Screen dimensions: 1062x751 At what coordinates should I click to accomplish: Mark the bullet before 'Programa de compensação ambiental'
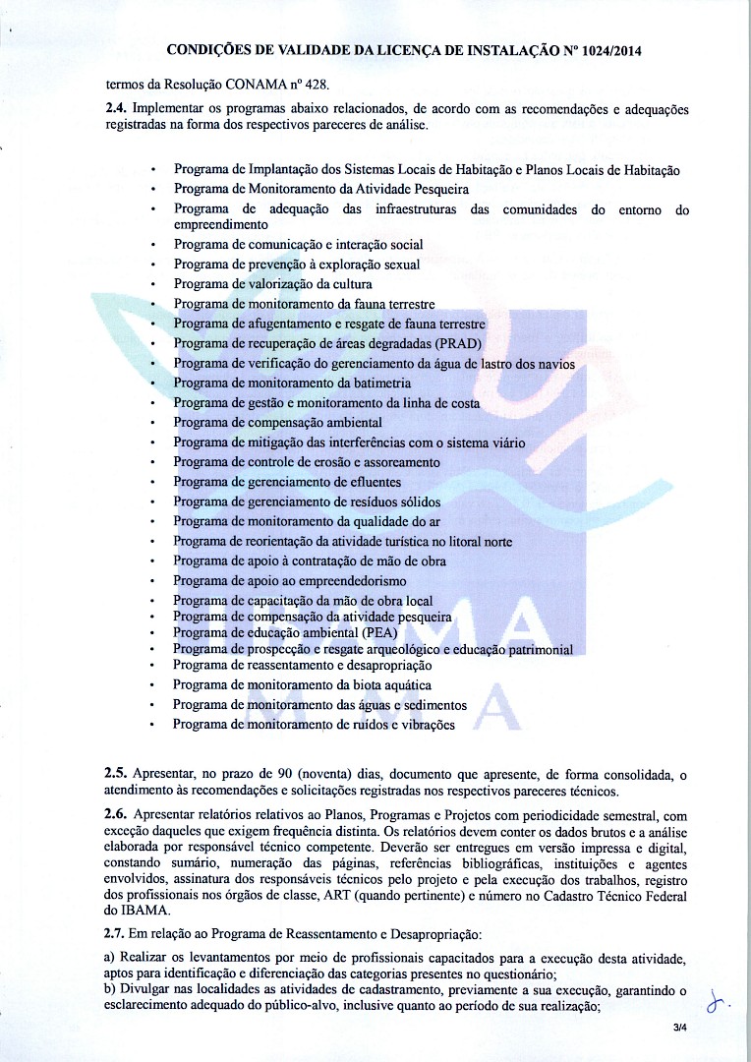coord(153,423)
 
